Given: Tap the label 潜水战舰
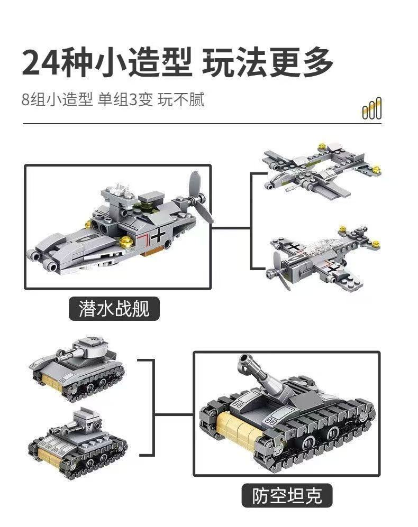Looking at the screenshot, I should point(114,309).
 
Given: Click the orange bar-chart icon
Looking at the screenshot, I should point(372,109).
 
